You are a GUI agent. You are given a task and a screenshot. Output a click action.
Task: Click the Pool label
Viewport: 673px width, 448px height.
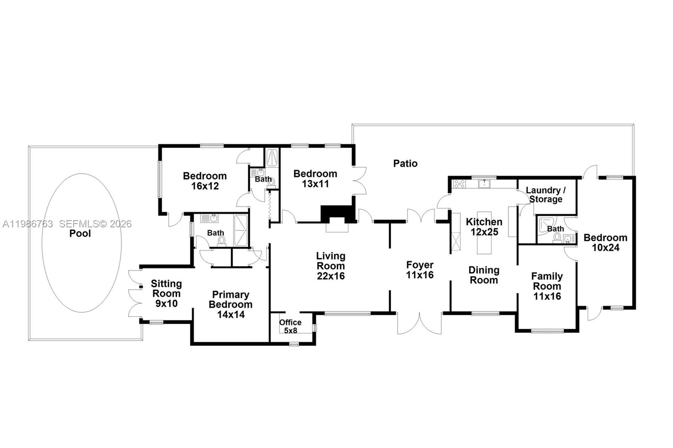tap(80, 234)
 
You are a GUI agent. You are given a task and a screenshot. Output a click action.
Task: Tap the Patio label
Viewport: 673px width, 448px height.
tap(405, 163)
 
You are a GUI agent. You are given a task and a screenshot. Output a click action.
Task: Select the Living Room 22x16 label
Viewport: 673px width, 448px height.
tap(331, 266)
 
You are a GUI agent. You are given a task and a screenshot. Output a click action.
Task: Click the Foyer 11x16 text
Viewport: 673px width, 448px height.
tap(419, 270)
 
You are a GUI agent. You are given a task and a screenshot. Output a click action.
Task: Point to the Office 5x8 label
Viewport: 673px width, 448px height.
tap(290, 326)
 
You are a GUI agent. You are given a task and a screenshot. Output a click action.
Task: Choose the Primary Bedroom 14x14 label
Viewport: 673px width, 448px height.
tap(231, 305)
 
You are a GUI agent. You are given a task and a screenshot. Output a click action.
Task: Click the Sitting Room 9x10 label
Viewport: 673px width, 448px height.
tap(166, 293)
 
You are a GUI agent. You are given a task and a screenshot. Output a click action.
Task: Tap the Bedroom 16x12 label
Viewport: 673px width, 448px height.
tap(205, 181)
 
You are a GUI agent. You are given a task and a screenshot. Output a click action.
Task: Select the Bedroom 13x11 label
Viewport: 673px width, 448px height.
tap(315, 179)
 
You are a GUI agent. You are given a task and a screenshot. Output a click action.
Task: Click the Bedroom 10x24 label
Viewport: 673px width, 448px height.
tap(605, 242)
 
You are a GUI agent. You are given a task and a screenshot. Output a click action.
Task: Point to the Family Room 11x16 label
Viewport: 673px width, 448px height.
tap(547, 286)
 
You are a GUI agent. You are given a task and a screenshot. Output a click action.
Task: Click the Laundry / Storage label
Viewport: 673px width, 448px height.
tap(546, 195)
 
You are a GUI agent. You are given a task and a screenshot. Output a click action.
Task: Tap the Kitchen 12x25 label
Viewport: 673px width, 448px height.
tap(484, 227)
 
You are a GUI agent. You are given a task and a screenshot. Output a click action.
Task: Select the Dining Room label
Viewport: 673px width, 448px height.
tap(484, 275)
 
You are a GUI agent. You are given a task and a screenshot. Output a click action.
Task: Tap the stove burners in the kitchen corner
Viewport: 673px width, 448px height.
tap(459, 184)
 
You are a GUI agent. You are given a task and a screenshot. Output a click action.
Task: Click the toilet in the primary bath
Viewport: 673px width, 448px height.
tap(222, 241)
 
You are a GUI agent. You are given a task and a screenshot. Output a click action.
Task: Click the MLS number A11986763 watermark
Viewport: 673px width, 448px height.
tap(27, 224)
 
